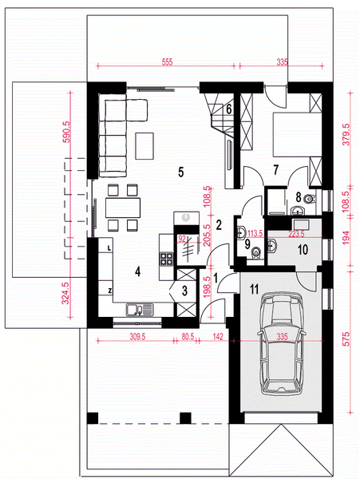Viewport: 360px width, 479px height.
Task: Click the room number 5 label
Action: [x=180, y=172]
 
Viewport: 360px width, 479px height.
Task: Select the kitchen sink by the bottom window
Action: [x=139, y=310]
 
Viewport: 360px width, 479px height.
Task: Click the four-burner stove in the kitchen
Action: [x=166, y=259]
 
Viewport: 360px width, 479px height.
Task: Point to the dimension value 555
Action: [x=167, y=62]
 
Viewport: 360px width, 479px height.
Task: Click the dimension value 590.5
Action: [x=66, y=132]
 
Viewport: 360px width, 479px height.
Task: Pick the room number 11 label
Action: [x=254, y=289]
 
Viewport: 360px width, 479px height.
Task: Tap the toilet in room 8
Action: [x=309, y=199]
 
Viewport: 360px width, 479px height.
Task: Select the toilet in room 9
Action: [x=256, y=253]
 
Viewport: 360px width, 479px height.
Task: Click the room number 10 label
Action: [x=303, y=250]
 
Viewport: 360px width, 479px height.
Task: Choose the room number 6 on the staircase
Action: [x=229, y=109]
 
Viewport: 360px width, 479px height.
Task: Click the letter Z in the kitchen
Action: [x=109, y=291]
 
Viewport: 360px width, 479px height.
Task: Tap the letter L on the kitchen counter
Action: [x=109, y=248]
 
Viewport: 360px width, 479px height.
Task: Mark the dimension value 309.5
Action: [x=137, y=337]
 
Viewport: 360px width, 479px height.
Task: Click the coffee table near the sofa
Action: [x=144, y=146]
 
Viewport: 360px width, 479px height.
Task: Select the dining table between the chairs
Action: [x=123, y=208]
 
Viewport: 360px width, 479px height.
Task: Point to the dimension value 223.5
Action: [x=296, y=234]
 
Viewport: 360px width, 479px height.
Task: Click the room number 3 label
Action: [x=184, y=291]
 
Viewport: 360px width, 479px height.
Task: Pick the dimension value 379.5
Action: [x=346, y=134]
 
